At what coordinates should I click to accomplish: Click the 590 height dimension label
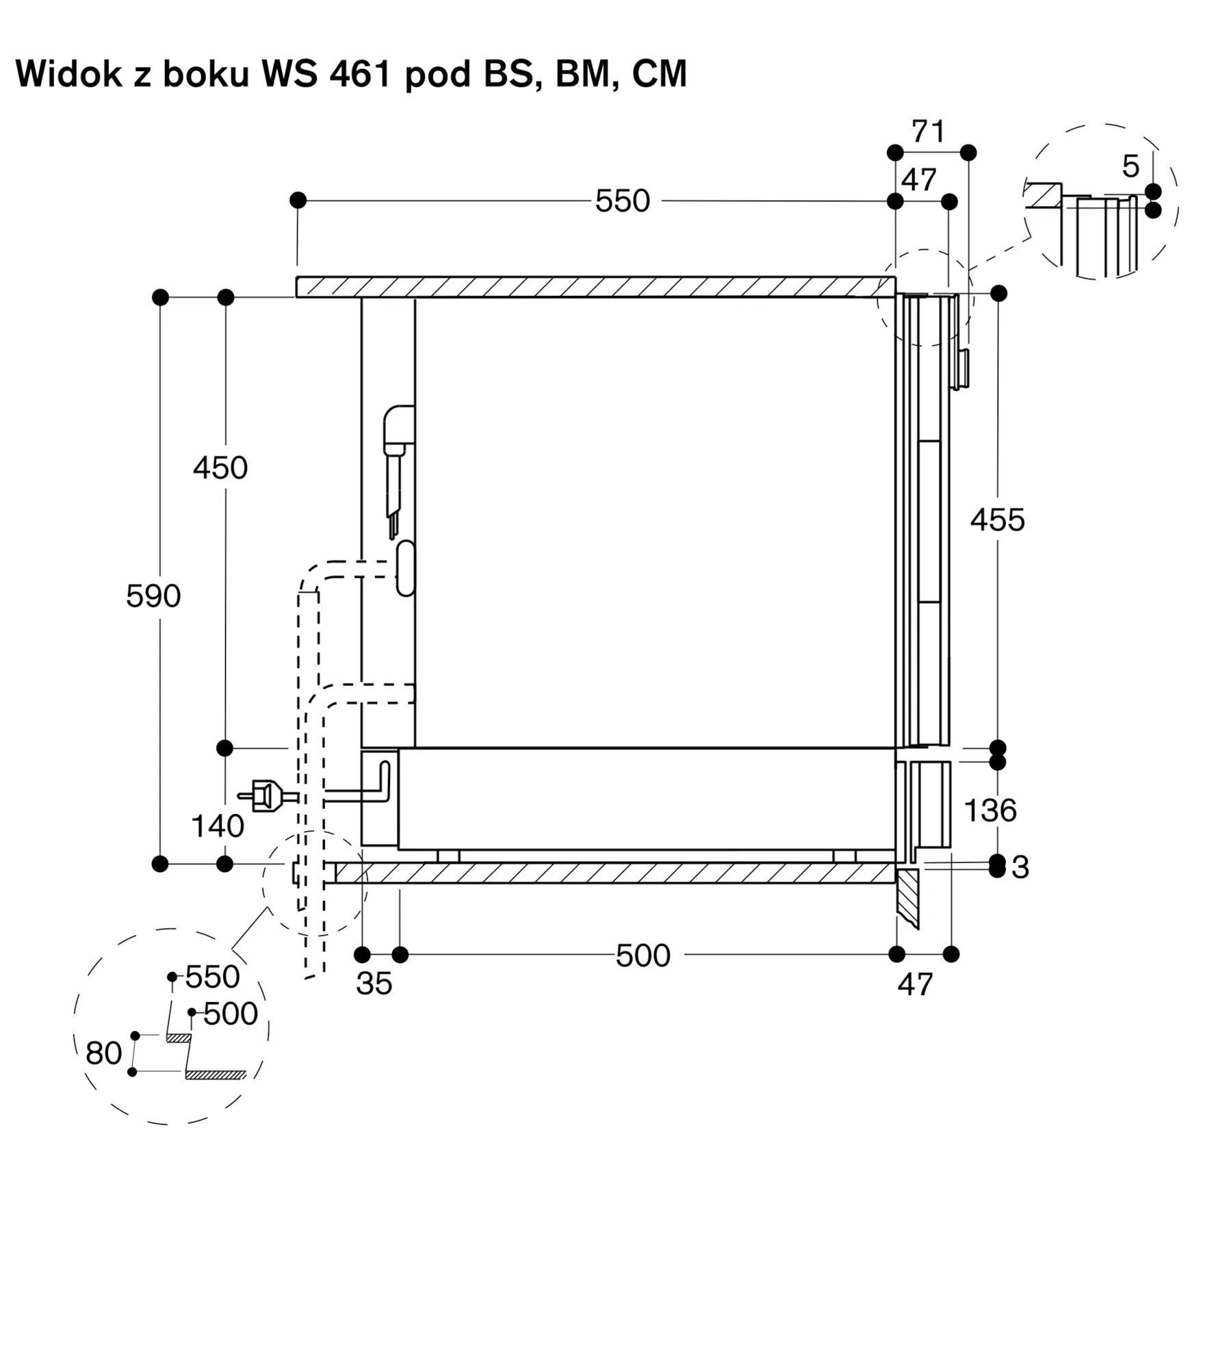coord(153,596)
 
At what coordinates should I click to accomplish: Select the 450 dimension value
coord(220,468)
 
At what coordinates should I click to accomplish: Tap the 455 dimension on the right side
coord(998,520)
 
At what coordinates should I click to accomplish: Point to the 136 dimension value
coord(990,810)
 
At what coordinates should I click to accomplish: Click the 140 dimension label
coord(218,826)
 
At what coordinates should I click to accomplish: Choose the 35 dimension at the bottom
coord(374,984)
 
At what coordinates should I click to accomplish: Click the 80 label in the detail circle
coord(104,1053)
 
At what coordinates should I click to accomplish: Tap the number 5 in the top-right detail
coord(1131,166)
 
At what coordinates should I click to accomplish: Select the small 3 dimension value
coord(1020,867)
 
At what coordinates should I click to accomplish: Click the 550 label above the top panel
coord(623,201)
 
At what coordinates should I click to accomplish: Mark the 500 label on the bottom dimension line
coord(643,956)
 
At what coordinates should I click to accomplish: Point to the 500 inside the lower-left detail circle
coord(231,1014)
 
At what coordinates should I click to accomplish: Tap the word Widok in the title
coord(68,74)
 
